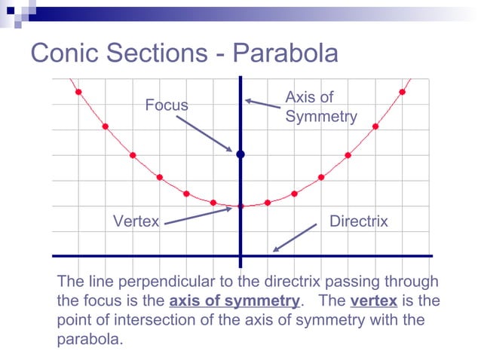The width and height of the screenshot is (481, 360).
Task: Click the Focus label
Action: pyautogui.click(x=167, y=105)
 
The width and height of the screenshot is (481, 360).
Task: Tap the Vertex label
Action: pyautogui.click(x=136, y=221)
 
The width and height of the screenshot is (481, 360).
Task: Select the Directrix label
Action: pyautogui.click(x=359, y=221)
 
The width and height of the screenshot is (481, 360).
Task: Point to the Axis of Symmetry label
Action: pyautogui.click(x=320, y=107)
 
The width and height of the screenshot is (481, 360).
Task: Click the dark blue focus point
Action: pyautogui.click(x=240, y=154)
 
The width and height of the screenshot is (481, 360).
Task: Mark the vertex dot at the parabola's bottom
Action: pyautogui.click(x=240, y=206)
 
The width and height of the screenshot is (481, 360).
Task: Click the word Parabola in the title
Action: pyautogui.click(x=286, y=53)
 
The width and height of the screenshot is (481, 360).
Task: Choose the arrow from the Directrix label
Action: pyautogui.click(x=294, y=237)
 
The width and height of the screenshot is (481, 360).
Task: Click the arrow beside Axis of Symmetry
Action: pyautogui.click(x=262, y=102)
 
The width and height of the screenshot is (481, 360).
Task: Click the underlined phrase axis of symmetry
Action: pyautogui.click(x=234, y=301)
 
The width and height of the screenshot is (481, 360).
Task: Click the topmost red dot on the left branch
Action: pyautogui.click(x=78, y=92)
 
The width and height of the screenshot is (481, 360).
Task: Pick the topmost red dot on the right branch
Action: pyautogui.click(x=403, y=92)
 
